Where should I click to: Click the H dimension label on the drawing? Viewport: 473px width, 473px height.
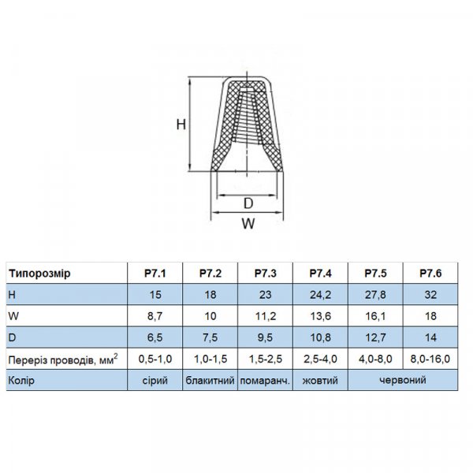(x=181, y=124)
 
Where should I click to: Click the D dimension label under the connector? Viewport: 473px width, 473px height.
(x=248, y=203)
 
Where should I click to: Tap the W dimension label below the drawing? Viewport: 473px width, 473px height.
(x=248, y=224)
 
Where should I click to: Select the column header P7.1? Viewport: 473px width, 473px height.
(x=155, y=274)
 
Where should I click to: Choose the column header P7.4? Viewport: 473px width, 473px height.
(x=320, y=274)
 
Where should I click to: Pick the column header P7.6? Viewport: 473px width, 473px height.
(x=430, y=274)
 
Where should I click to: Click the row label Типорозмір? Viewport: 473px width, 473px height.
(x=39, y=274)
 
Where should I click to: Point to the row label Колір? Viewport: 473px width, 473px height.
(x=21, y=381)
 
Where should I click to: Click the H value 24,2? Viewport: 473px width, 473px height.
(x=320, y=295)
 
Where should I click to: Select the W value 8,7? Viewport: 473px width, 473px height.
(x=155, y=316)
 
